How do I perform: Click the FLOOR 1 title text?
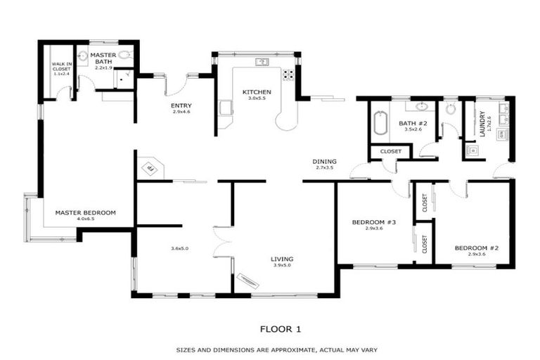click(x=280, y=328)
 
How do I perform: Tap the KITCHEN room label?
click(x=257, y=92)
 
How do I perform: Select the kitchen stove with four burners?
click(x=288, y=74)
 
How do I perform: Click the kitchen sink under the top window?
click(x=262, y=62)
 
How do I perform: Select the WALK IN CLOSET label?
click(x=61, y=67)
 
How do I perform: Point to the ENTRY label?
click(x=181, y=106)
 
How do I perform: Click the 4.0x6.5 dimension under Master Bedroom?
click(x=85, y=219)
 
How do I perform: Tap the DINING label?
click(x=324, y=161)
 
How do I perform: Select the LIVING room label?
click(x=282, y=259)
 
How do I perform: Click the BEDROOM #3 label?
click(x=374, y=222)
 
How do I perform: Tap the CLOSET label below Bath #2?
click(x=390, y=151)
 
